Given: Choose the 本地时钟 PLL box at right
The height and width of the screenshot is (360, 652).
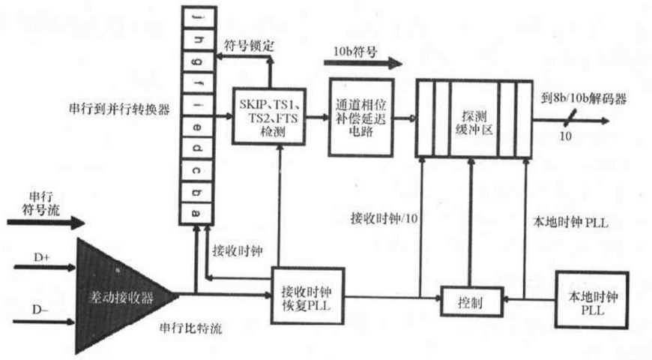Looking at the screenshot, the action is pos(585,298).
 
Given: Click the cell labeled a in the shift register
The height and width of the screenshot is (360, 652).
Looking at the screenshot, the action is pos(196,213).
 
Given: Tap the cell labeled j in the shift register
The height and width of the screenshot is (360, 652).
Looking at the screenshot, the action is pos(196,16).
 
